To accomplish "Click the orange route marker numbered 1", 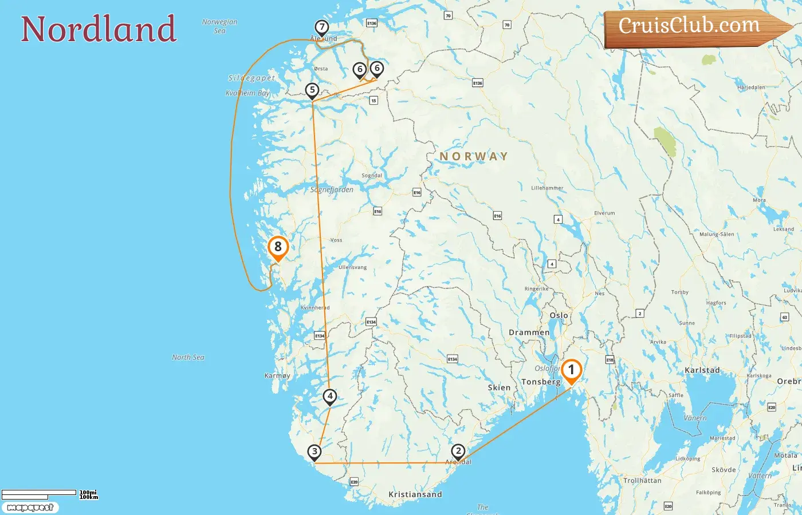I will [571, 370].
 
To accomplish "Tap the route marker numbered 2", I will [458, 451].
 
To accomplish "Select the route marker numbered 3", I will [314, 452].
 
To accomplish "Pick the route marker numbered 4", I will [330, 396].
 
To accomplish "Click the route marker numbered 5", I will [312, 90].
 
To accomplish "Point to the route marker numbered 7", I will [322, 27].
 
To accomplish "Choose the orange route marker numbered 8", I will [278, 247].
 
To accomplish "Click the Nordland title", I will [99, 29].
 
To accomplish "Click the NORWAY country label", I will [474, 156].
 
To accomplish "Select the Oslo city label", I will [559, 315].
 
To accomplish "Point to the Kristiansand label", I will [415, 494].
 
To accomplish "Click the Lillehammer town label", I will [547, 188].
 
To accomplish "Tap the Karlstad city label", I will [702, 370].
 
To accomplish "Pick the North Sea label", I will [188, 357].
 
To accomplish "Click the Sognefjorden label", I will [332, 189].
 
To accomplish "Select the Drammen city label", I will [529, 332].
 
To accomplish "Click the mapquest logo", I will [30, 508].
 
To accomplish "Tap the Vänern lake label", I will [695, 418].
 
